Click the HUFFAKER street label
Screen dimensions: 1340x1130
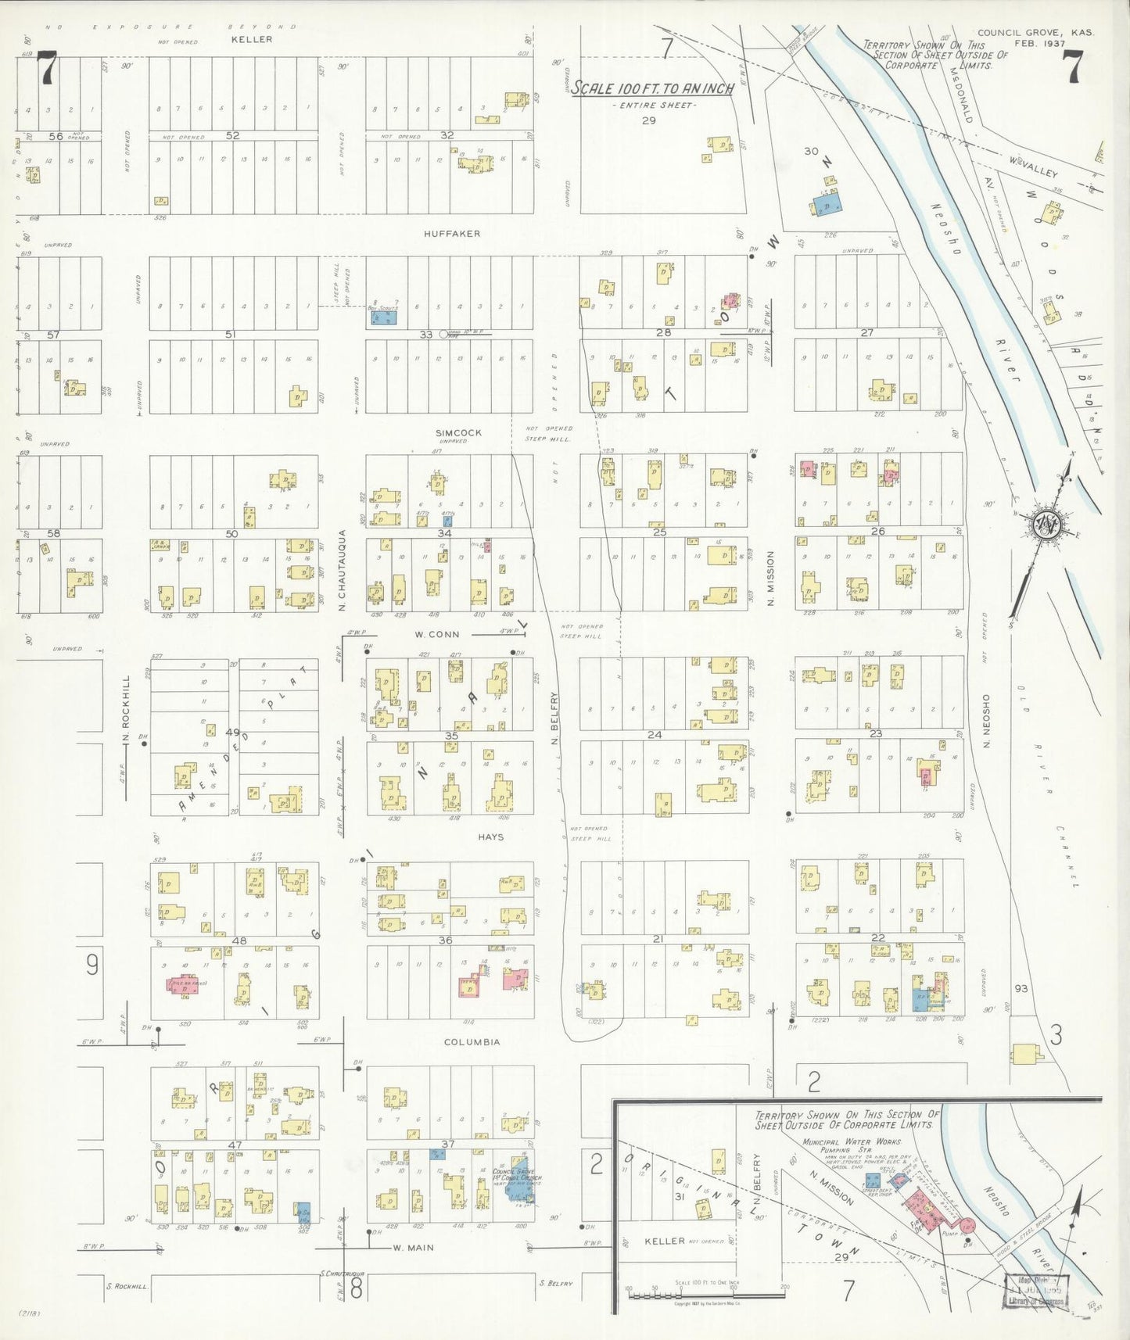(452, 234)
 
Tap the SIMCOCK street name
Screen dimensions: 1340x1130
(459, 432)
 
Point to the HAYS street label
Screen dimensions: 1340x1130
(490, 837)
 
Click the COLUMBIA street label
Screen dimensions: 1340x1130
(472, 1042)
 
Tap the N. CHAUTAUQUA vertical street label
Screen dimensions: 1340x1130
(342, 570)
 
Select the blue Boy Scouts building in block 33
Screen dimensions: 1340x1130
(384, 319)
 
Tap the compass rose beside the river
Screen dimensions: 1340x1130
(1045, 524)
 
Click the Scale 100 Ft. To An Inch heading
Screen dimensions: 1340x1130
(652, 89)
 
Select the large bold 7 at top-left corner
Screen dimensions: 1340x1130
(48, 67)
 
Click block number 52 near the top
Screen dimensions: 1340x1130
(232, 135)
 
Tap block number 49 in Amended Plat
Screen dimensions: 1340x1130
(232, 732)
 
